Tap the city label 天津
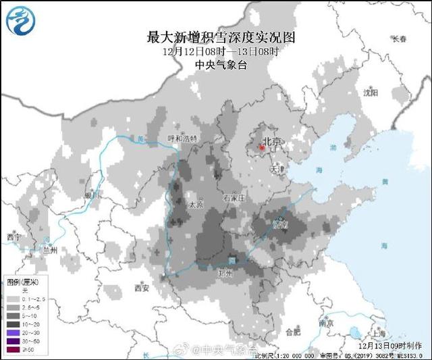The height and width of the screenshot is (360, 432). [277, 169]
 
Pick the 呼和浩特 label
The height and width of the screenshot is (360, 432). [182, 138]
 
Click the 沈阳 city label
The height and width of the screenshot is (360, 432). [371, 92]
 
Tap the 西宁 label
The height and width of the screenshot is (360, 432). [14, 237]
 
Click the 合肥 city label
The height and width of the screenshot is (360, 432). [292, 332]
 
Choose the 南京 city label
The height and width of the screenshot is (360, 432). [326, 323]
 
